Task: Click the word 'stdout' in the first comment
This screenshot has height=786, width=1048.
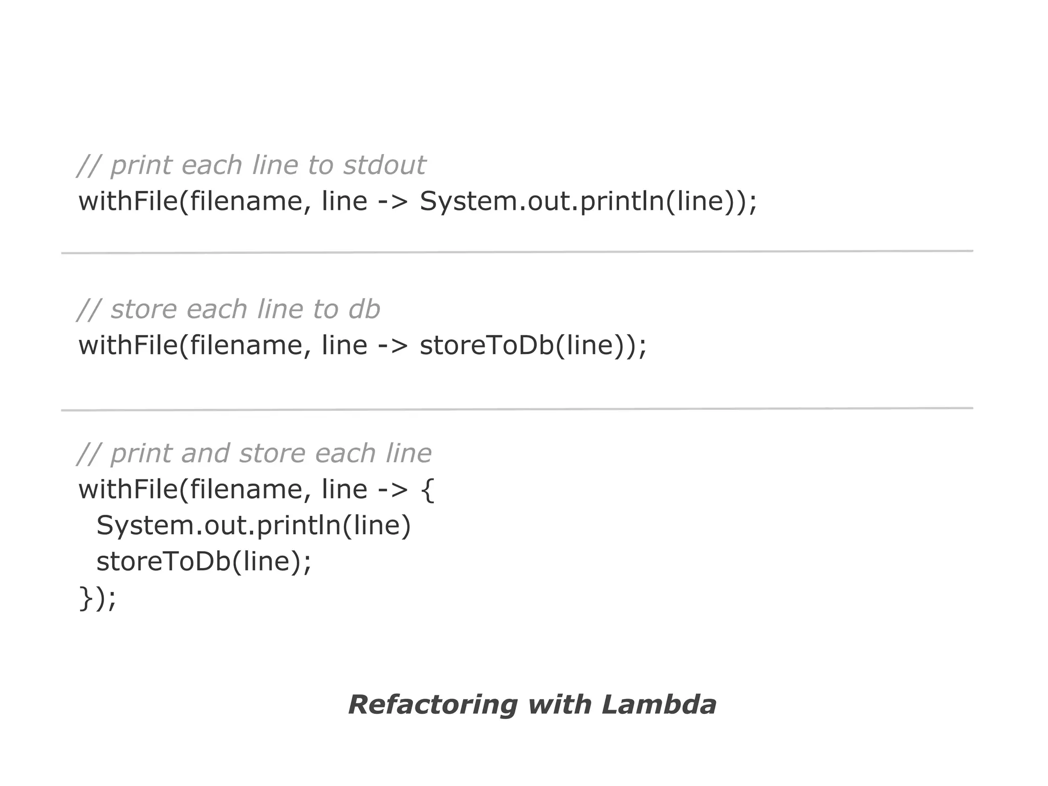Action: pos(384,165)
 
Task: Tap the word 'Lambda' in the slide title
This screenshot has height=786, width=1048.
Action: pos(659,705)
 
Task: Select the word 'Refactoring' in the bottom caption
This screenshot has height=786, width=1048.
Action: pos(432,705)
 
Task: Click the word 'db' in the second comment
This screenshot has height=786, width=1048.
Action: pos(364,310)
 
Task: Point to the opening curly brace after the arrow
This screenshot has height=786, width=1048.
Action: pos(427,490)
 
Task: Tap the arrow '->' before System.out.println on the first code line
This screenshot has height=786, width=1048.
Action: pos(393,201)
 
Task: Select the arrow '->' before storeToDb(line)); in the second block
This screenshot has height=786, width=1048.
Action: pos(393,345)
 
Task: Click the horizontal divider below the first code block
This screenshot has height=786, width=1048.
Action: pos(517,252)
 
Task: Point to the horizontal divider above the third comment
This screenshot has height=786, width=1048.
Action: pos(517,409)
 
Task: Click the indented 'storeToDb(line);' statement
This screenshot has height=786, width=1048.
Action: pos(204,561)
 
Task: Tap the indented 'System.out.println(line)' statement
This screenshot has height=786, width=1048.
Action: pos(254,526)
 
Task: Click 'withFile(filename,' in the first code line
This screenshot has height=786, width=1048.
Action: pos(194,201)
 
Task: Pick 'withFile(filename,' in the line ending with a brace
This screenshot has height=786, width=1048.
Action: pos(194,490)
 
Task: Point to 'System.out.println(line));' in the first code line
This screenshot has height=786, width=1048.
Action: pos(588,201)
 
